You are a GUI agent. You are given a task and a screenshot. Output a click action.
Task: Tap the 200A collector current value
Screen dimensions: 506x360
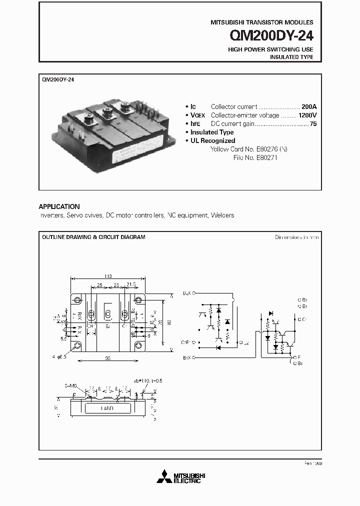click(309, 106)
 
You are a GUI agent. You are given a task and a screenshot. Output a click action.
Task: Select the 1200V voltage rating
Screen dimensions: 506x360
click(306, 115)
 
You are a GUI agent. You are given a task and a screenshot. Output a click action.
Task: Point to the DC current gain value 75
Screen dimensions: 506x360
click(313, 123)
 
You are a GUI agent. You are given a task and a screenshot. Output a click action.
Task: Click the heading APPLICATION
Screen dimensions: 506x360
click(59, 206)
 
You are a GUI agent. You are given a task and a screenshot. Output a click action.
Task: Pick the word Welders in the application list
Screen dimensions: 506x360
click(222, 215)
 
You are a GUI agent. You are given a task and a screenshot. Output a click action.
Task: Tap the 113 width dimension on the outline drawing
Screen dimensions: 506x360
click(108, 277)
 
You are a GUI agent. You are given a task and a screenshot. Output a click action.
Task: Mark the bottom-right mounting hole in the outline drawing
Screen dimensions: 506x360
click(138, 345)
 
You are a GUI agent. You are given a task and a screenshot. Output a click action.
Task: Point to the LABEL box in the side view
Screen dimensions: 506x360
click(107, 407)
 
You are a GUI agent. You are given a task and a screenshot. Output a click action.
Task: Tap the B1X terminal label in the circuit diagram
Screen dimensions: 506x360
click(187, 358)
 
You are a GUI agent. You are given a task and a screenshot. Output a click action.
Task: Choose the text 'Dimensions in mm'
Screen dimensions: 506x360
click(296, 237)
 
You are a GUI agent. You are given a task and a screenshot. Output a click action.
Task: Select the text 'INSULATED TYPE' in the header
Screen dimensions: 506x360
click(291, 57)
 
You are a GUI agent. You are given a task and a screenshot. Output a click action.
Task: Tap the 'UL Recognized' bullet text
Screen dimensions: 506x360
click(212, 140)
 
